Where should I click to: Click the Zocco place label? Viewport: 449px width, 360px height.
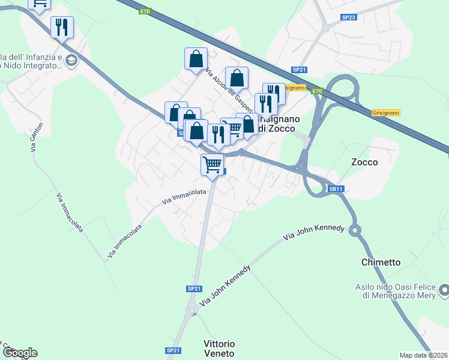click(364, 162)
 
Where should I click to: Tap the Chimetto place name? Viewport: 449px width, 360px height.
click(381, 263)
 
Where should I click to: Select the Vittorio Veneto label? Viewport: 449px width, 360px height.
click(220, 349)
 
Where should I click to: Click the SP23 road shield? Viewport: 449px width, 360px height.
click(349, 18)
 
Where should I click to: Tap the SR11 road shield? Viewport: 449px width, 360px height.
click(336, 189)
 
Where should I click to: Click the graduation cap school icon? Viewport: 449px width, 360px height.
click(71, 61)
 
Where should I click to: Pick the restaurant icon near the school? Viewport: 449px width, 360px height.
click(62, 27)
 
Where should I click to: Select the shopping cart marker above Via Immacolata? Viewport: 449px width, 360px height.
click(212, 164)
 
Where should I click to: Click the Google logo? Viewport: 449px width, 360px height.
click(19, 353)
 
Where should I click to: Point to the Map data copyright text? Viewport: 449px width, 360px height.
click(424, 355)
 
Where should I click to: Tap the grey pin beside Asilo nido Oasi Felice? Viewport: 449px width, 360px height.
click(444, 291)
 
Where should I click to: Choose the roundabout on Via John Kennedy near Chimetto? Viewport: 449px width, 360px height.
click(355, 229)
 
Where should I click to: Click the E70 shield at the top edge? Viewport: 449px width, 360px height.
click(145, 11)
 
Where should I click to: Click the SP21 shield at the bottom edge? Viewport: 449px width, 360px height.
click(172, 350)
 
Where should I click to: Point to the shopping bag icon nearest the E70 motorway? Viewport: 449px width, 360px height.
click(237, 77)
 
